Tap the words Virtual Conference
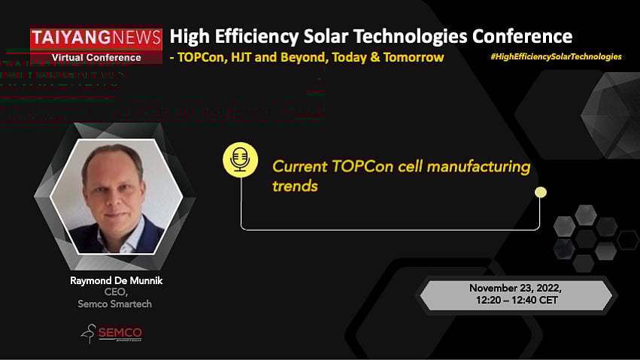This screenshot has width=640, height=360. pos(96,57)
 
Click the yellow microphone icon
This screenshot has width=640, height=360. pos(240,161)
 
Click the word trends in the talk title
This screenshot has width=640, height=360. pos(295,186)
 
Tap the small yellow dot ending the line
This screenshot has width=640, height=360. pos(540,192)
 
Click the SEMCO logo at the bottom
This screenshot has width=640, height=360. pos(112,333)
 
